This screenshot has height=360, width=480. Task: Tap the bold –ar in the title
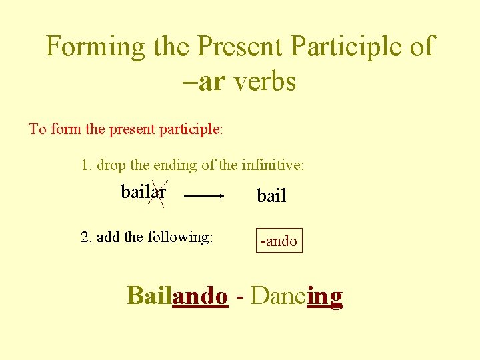coord(203,82)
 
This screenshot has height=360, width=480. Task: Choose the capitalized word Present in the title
coord(241,47)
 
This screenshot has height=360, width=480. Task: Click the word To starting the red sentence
coord(37,129)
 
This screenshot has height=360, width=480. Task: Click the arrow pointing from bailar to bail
coord(204,196)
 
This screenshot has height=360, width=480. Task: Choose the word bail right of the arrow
coord(271,196)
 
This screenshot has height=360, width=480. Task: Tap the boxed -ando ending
coord(279,241)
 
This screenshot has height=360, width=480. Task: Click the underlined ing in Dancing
coord(325,295)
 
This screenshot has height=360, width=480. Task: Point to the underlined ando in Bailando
coord(199,295)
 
